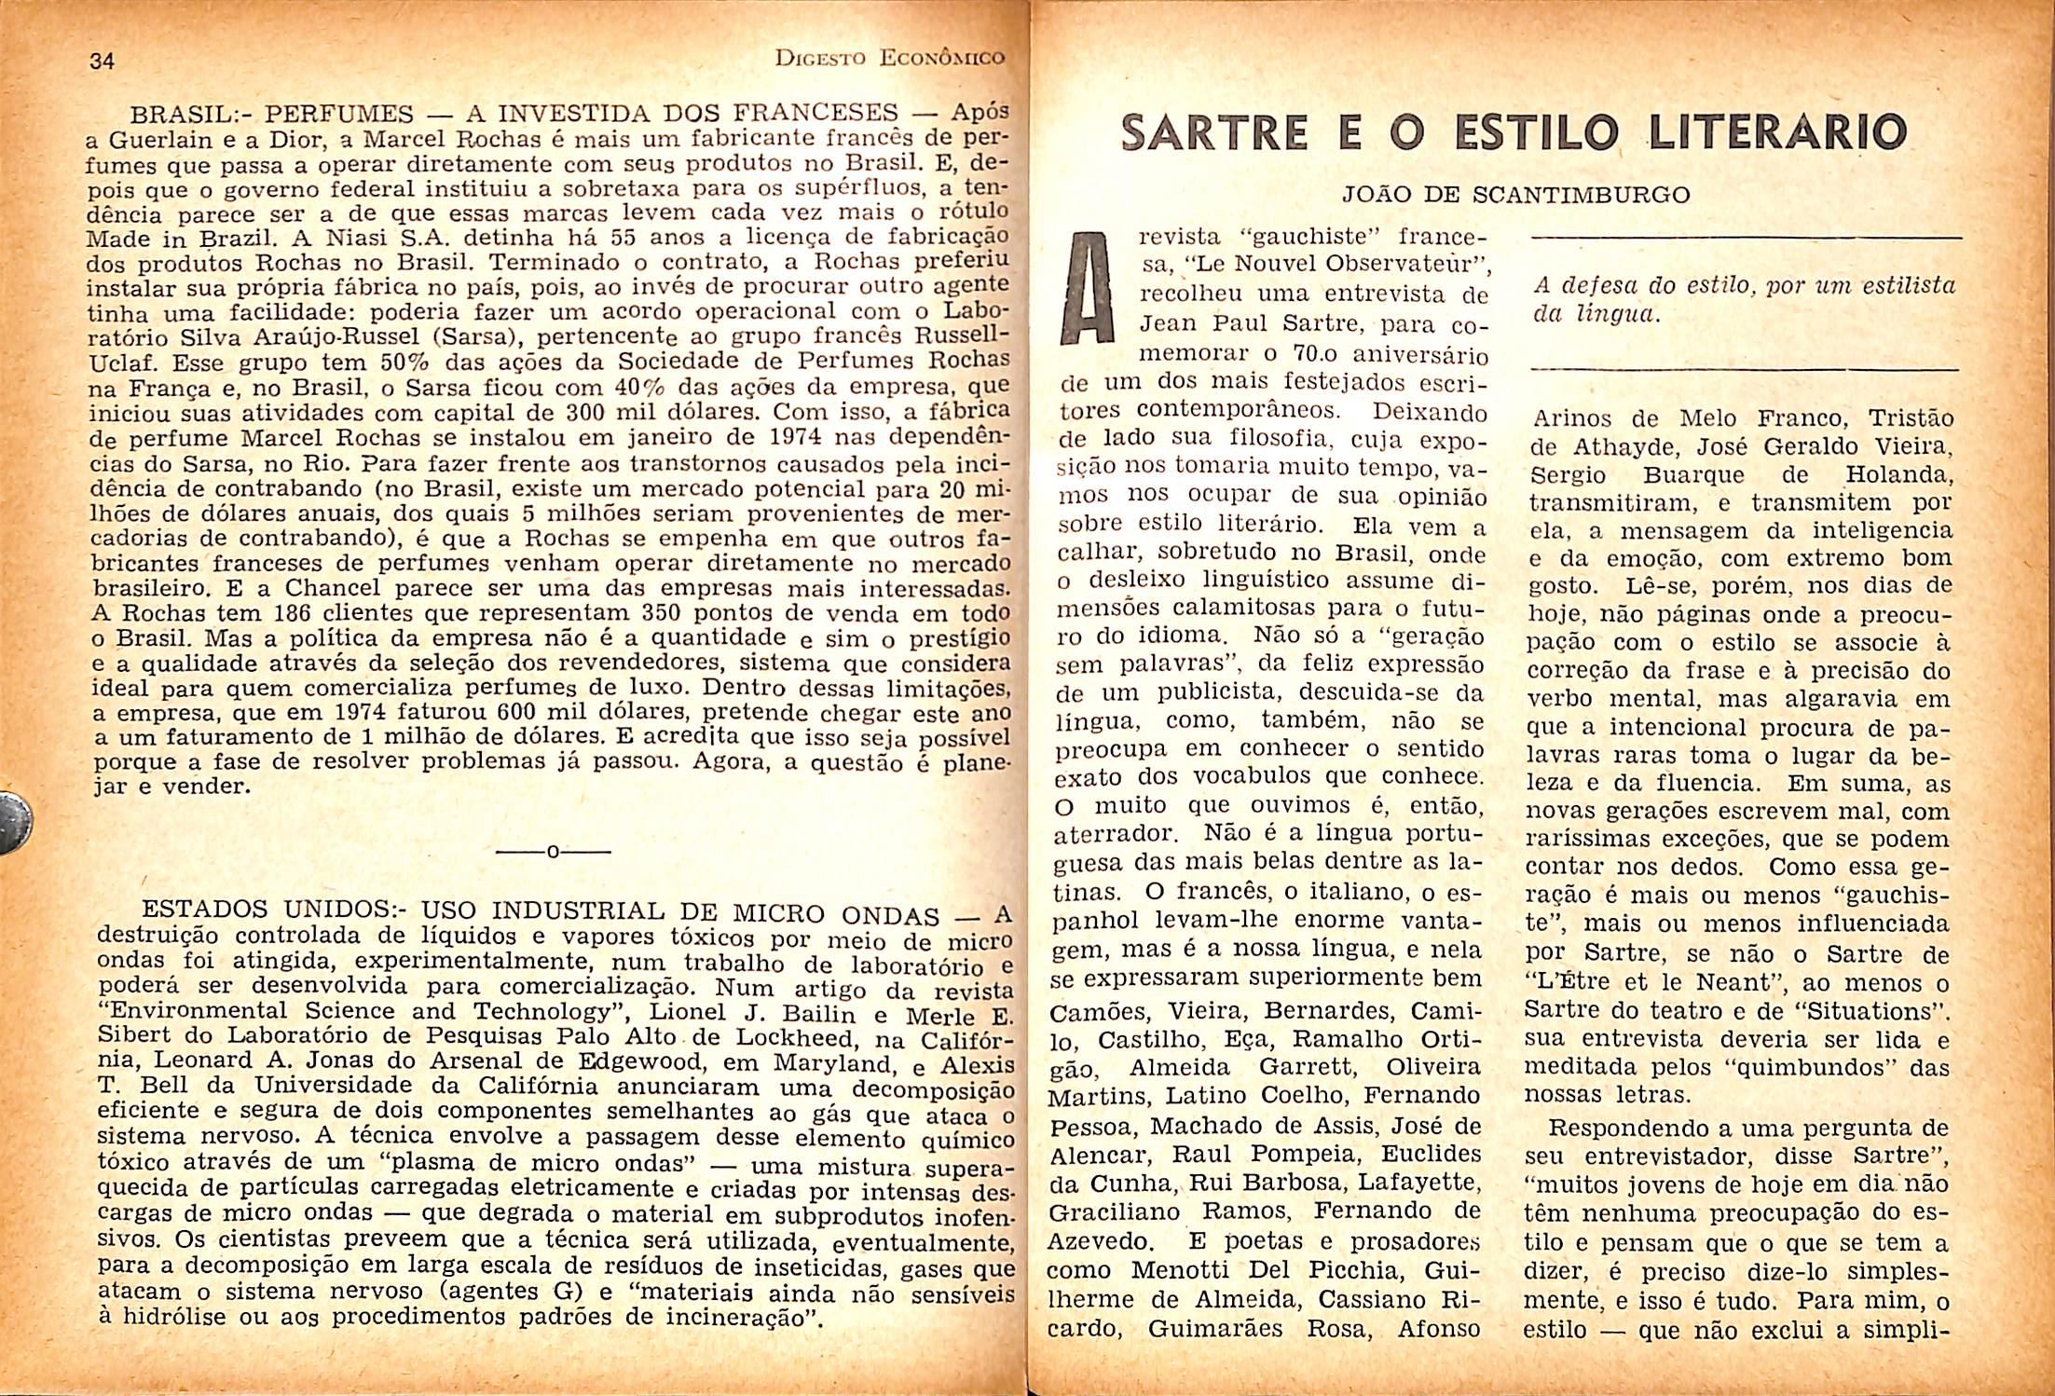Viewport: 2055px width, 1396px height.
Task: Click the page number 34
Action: [102, 62]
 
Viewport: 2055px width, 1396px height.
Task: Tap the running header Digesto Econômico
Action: [890, 58]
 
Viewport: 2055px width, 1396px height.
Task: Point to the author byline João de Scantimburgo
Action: [1515, 195]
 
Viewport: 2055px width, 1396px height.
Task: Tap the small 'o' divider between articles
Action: [553, 852]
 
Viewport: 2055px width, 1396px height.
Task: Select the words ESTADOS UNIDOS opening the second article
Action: [271, 910]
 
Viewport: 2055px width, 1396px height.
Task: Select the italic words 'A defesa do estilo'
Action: [1641, 285]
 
